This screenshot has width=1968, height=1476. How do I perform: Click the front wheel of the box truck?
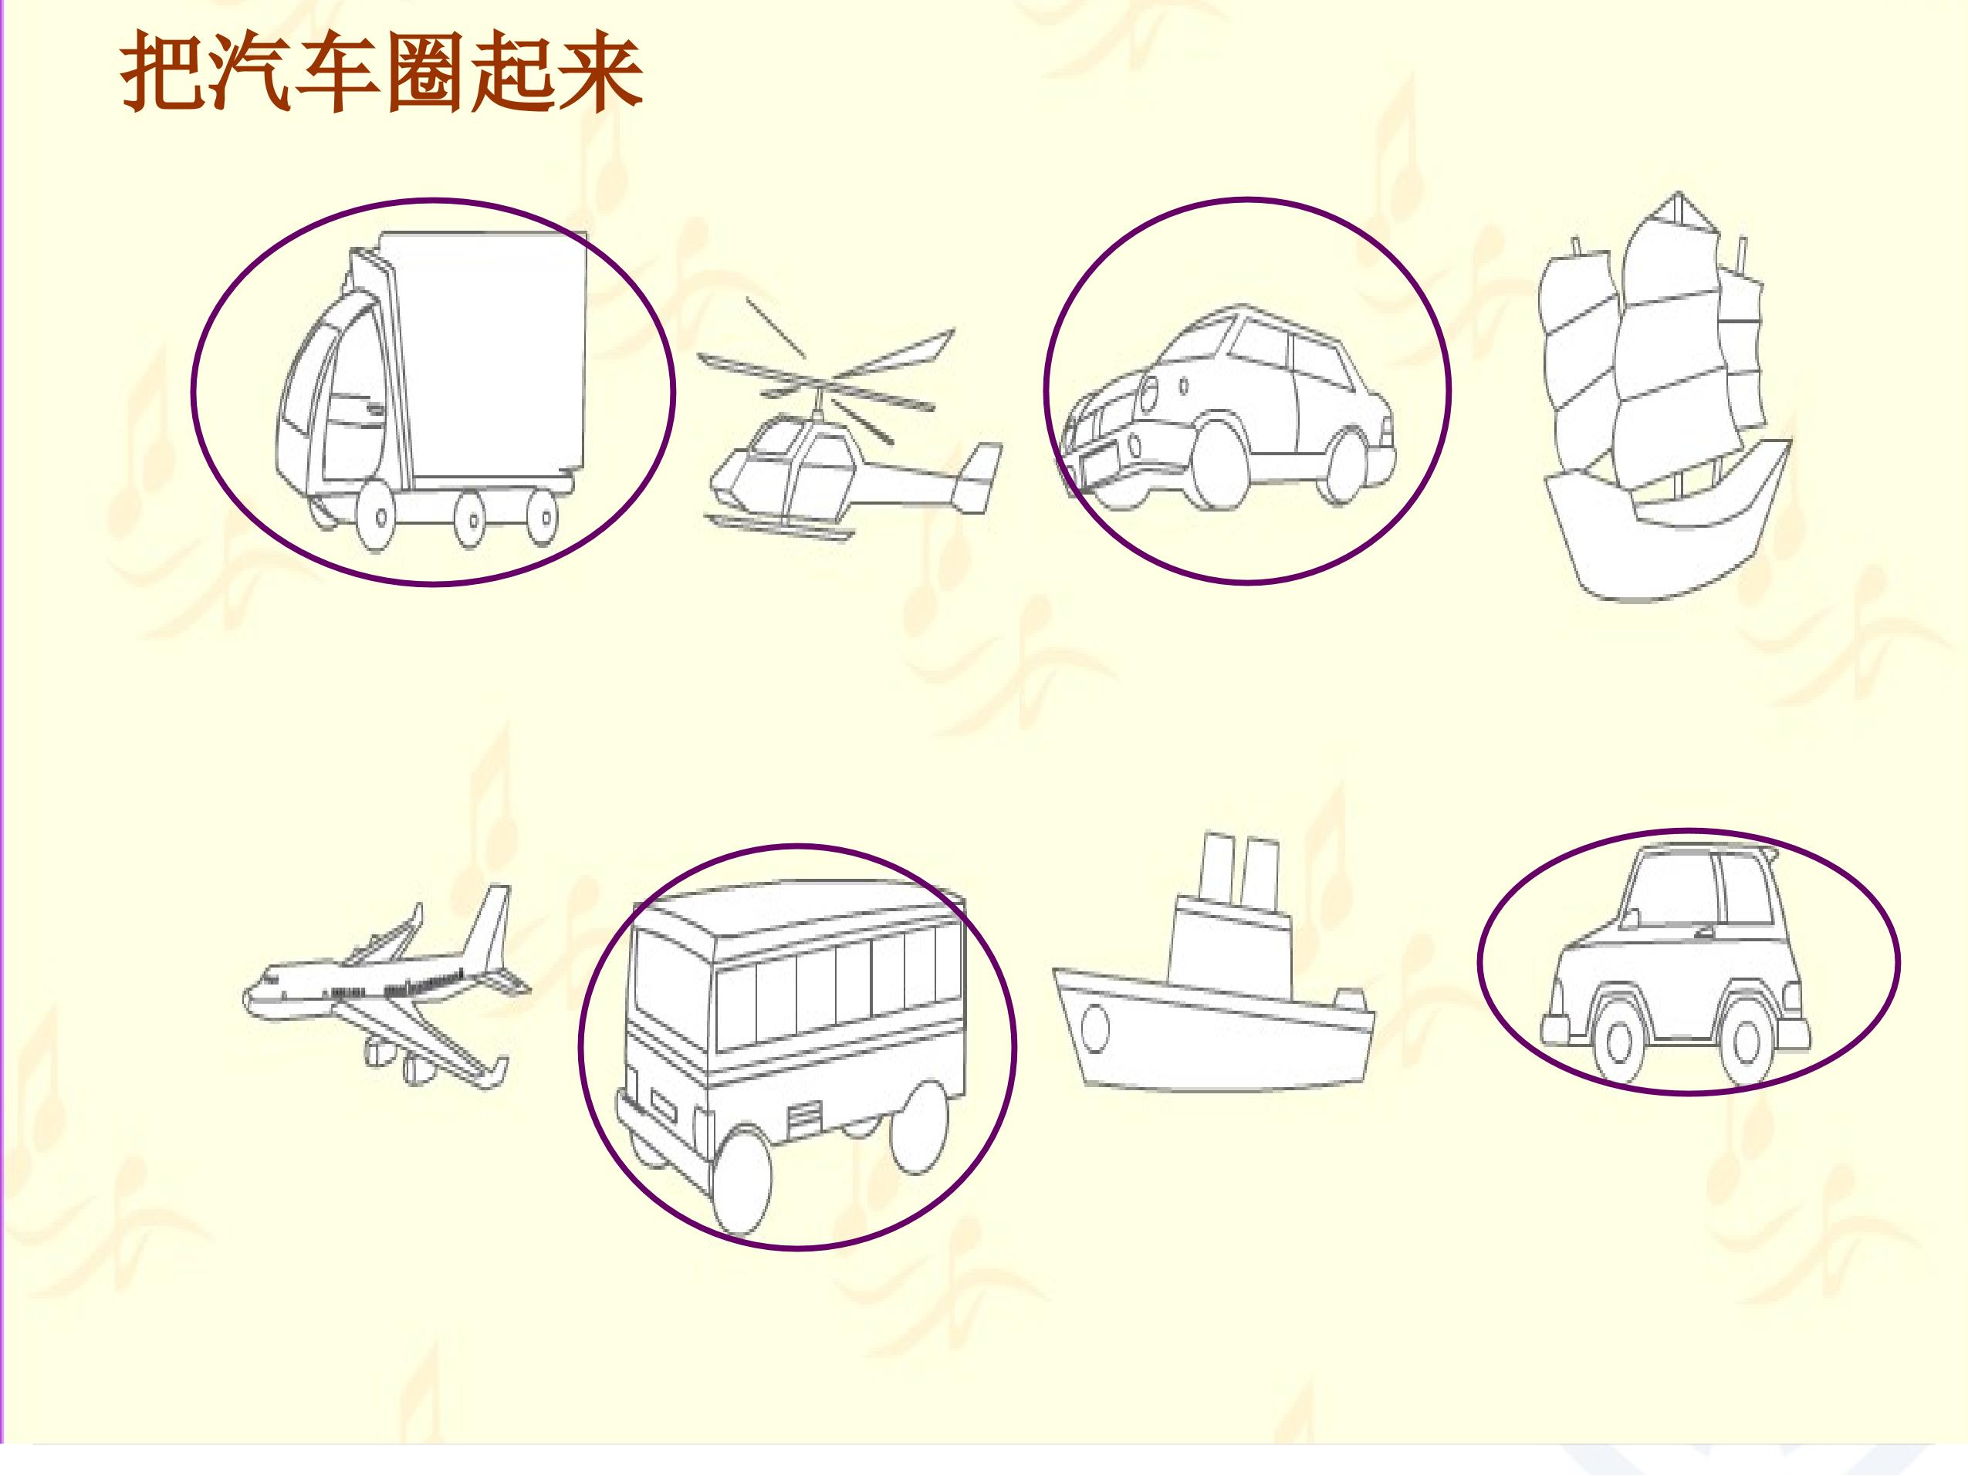pyautogui.click(x=380, y=516)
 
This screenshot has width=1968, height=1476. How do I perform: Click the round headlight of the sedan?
pyautogui.click(x=1149, y=390)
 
